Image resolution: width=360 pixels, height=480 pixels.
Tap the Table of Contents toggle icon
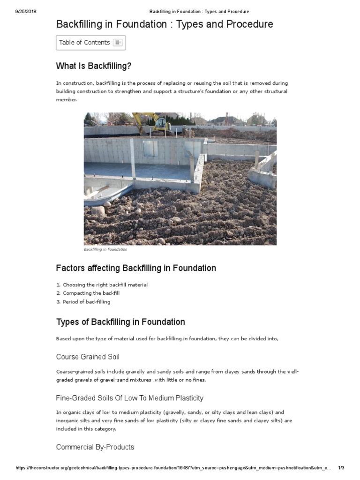[x=118, y=43]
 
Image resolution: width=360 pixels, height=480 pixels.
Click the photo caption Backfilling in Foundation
[x=105, y=249]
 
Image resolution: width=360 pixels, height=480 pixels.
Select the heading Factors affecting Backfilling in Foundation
[x=136, y=268]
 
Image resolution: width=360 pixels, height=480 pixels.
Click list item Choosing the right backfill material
[x=105, y=285]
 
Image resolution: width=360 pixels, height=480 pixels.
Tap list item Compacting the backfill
[x=91, y=293]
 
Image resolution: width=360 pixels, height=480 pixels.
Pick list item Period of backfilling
[x=86, y=301]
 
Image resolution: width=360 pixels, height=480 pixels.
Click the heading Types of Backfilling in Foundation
[x=120, y=322]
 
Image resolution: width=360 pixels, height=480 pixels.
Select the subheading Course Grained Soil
[x=88, y=357]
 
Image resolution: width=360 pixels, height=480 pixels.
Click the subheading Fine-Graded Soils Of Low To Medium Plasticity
[x=129, y=398]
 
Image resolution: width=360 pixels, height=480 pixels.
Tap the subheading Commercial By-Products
[x=95, y=447]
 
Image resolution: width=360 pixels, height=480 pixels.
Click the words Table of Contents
[x=84, y=43]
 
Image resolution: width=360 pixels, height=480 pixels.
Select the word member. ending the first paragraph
[x=66, y=100]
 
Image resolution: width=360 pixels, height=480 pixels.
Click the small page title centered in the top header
[x=199, y=11]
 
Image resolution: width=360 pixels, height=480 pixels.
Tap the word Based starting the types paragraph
[x=63, y=338]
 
